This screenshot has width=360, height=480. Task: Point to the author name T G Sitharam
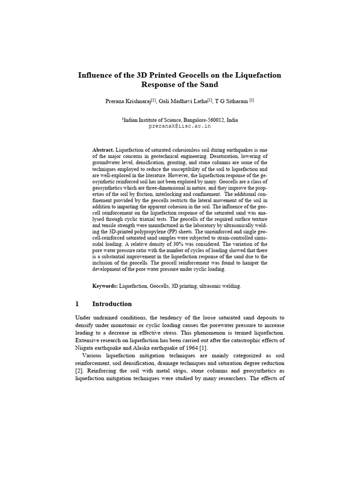tap(232, 101)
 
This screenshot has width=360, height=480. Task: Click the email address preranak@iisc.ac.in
tap(180, 126)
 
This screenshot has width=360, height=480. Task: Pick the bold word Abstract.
tap(103, 150)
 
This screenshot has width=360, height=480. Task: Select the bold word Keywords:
tap(105, 286)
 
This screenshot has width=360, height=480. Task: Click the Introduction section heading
tap(112, 304)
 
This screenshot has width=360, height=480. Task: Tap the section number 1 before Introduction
tap(77, 304)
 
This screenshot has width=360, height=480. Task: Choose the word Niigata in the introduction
tap(85, 347)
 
